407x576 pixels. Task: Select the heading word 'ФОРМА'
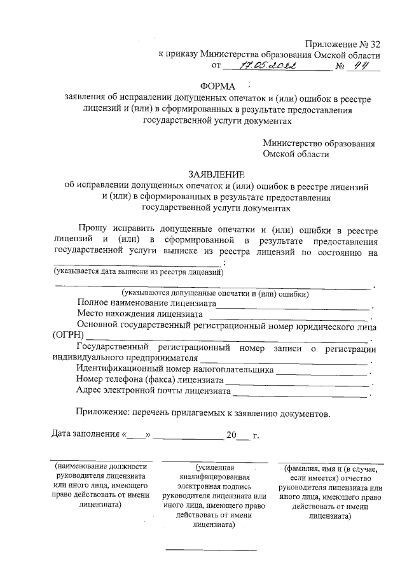[x=217, y=87]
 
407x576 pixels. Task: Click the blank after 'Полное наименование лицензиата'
[x=293, y=307]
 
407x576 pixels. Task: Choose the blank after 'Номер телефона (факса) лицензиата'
[x=297, y=383]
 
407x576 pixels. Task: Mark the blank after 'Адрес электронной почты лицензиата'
[x=300, y=393]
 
